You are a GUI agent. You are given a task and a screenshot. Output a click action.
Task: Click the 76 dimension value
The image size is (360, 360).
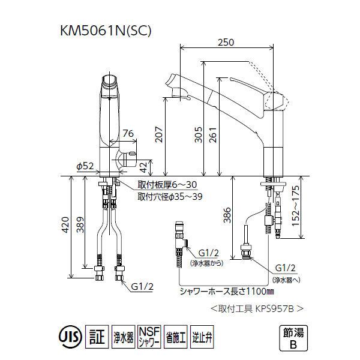coord(127,134)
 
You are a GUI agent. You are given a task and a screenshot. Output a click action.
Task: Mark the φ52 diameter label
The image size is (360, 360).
coord(86,166)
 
